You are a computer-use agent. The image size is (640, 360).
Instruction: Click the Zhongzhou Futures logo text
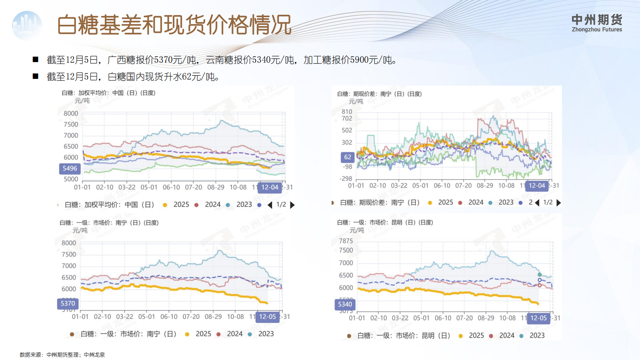click(x=596, y=23)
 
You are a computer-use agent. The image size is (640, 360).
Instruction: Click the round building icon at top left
click(x=27, y=25)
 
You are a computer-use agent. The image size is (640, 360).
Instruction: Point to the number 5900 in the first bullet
click(x=359, y=60)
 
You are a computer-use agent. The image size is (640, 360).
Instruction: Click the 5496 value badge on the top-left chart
click(x=70, y=168)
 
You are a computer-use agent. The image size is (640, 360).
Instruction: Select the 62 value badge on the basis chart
click(x=348, y=157)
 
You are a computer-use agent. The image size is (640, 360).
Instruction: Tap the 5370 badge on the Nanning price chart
click(x=68, y=304)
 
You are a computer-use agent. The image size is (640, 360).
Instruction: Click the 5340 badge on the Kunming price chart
click(x=345, y=304)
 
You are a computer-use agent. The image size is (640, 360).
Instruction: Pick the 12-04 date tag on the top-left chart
click(x=270, y=187)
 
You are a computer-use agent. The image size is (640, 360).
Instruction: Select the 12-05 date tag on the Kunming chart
click(x=538, y=318)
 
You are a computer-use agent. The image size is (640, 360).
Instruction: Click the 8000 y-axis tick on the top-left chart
click(x=71, y=114)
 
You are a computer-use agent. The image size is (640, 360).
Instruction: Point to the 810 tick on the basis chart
click(x=347, y=112)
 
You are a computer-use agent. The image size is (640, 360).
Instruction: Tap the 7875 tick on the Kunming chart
click(x=346, y=241)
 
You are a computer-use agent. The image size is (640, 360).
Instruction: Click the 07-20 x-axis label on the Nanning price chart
click(x=191, y=317)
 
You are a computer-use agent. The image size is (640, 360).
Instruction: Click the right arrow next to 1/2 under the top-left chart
click(x=292, y=205)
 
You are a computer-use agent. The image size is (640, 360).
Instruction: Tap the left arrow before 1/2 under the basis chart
click(x=537, y=203)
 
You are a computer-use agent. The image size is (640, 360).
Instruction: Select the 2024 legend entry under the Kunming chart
click(x=506, y=336)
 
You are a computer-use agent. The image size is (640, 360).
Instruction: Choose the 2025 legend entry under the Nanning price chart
click(x=203, y=334)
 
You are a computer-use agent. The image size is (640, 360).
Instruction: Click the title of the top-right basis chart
click(x=379, y=94)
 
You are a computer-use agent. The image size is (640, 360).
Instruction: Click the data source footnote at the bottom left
click(x=62, y=355)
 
